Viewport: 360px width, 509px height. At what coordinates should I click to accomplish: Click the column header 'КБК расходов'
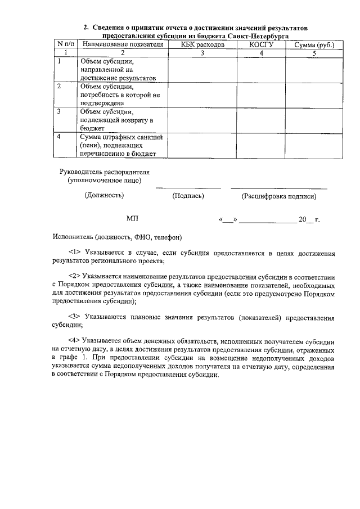coord(202,44)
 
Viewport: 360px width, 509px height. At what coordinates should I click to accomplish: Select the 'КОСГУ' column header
coord(260,44)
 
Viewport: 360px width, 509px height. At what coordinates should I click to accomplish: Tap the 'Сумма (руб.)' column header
coord(314,44)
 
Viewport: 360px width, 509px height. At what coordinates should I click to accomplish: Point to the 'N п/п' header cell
coord(65,44)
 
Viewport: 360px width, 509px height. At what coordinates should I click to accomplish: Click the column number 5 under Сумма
coord(314,53)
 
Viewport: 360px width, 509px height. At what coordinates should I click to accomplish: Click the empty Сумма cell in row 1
coord(314,69)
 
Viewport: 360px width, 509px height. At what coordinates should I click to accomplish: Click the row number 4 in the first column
coord(59,136)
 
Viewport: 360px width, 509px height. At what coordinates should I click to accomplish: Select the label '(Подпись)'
coord(188,196)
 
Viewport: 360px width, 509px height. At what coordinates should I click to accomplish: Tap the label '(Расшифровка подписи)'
coord(278,196)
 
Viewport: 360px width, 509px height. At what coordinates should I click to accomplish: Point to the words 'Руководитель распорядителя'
coord(105,171)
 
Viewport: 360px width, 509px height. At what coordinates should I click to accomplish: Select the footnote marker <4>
coord(75,341)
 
